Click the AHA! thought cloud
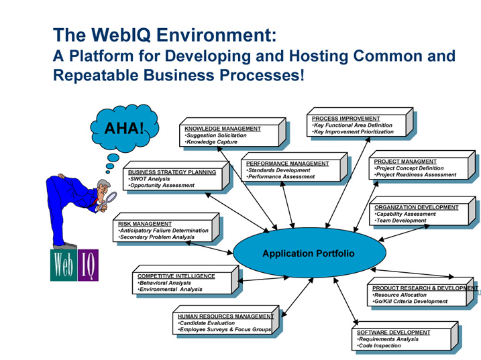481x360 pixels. pyautogui.click(x=125, y=127)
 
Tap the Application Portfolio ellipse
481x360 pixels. pyautogui.click(x=308, y=253)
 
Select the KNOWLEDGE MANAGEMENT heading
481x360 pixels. pyautogui.click(x=222, y=128)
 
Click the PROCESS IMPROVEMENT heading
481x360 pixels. pyautogui.click(x=345, y=118)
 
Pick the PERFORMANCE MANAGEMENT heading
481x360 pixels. pyautogui.click(x=287, y=163)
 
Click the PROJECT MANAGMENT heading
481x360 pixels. pyautogui.click(x=405, y=162)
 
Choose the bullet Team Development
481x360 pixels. pyautogui.click(x=402, y=221)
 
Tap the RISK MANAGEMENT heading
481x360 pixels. pyautogui.click(x=145, y=224)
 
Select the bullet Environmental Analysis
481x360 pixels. pyautogui.click(x=171, y=289)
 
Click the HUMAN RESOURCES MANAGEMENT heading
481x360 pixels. pyautogui.click(x=225, y=316)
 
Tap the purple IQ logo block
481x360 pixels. pyautogui.click(x=87, y=265)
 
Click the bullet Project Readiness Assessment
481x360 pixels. pyautogui.click(x=417, y=175)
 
